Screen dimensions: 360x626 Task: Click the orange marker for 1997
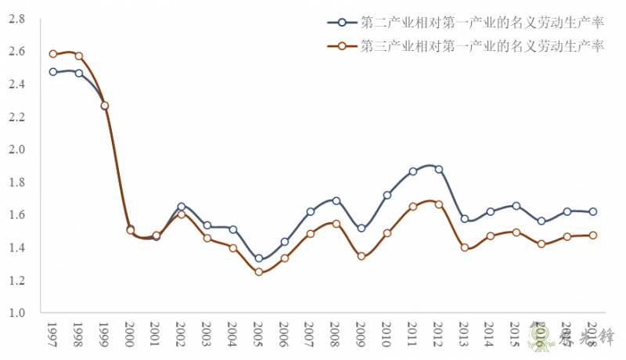point(53,54)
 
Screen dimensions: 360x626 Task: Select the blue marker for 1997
point(53,72)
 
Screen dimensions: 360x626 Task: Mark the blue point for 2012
point(438,169)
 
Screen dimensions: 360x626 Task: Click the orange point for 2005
point(258,272)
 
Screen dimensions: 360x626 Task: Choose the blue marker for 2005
point(258,258)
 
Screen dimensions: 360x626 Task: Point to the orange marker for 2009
point(361,256)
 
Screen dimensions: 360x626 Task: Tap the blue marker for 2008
point(336,201)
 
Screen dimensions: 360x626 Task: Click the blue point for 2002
point(182,207)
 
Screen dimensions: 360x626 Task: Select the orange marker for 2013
point(464,247)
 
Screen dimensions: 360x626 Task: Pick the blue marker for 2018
point(592,211)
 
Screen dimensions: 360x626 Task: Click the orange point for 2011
point(412,207)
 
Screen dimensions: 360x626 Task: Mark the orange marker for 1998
point(79,56)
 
